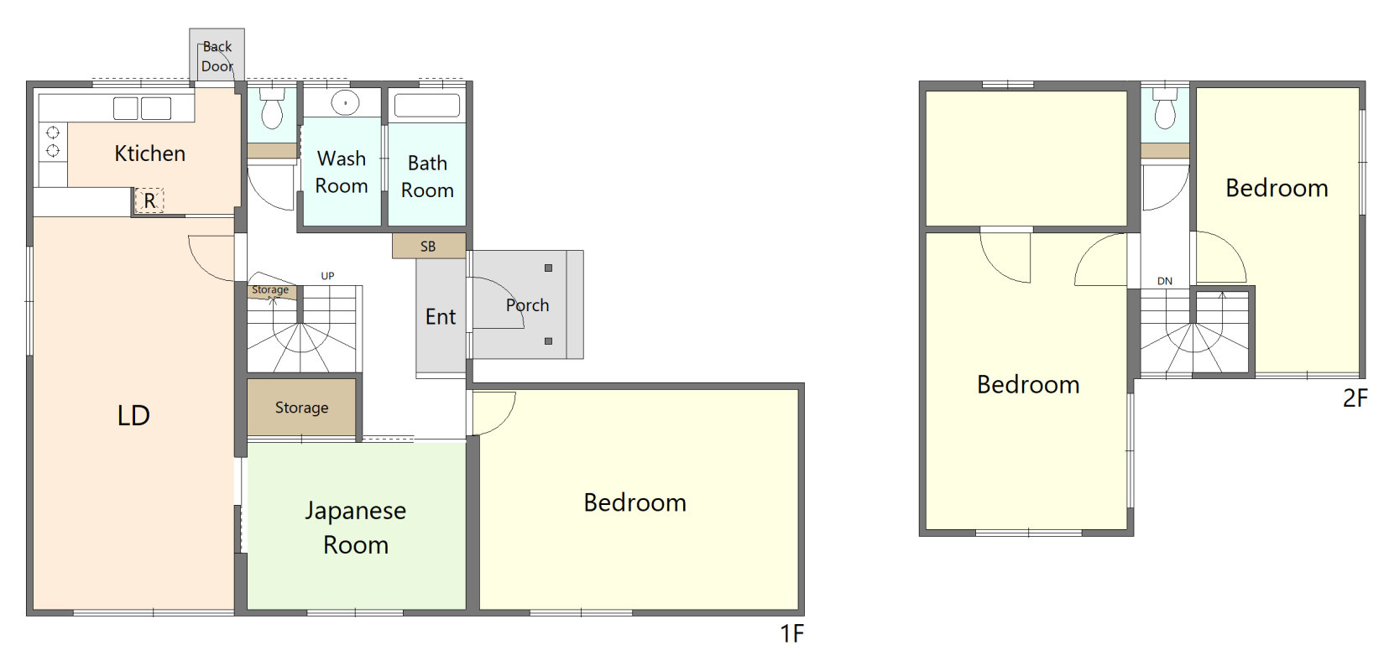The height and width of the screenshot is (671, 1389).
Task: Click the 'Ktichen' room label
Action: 150,153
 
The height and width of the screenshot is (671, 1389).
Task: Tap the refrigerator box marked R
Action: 149,200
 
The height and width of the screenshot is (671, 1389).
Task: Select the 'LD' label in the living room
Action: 133,415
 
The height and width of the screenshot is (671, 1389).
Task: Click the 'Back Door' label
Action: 217,56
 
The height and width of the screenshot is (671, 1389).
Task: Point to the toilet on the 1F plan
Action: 272,108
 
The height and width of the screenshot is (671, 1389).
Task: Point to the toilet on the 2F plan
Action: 1165,108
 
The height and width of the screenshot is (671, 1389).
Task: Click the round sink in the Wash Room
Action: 346,103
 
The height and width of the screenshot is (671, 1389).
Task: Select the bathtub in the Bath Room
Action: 427,106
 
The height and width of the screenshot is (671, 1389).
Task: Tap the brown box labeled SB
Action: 429,246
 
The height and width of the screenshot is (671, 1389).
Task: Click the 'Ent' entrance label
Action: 441,316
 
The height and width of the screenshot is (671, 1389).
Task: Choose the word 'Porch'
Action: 527,304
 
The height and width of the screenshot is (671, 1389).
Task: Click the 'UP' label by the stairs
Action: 327,276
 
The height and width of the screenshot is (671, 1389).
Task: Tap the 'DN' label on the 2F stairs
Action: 1165,281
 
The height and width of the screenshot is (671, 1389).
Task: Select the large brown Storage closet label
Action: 301,408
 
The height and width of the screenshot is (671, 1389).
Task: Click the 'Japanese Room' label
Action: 355,528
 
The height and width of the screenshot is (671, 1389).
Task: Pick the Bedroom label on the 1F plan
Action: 635,502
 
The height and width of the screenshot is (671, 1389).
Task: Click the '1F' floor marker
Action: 791,634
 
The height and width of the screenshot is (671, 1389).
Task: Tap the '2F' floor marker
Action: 1355,398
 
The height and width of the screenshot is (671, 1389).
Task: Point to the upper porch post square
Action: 548,268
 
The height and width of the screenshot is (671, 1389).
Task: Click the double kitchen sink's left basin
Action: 125,108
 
